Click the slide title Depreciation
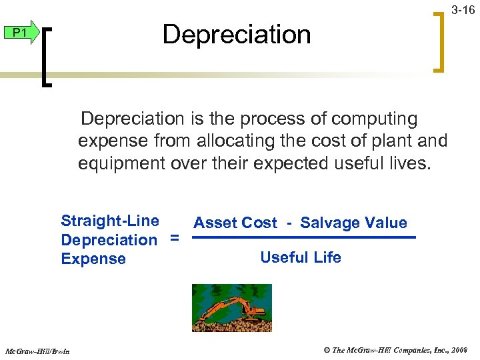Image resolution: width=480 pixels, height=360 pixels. [237, 35]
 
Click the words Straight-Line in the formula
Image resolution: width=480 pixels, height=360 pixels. [110, 221]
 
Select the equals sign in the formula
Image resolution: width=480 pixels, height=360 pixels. [175, 239]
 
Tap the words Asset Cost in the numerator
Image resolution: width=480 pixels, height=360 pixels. [235, 223]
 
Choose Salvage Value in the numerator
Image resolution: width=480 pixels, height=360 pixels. [353, 223]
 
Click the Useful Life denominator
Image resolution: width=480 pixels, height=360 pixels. [301, 258]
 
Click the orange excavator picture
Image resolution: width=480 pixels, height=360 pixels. [231, 308]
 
